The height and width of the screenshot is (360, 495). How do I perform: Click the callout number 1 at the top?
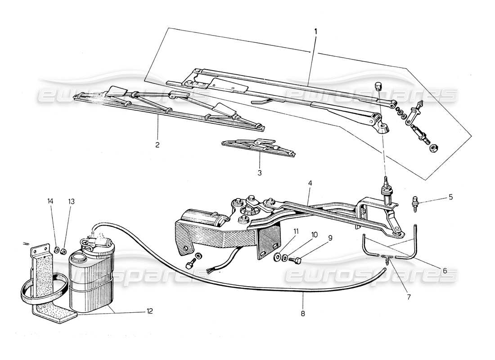click(315, 31)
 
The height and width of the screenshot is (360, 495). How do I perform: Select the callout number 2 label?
click(157, 145)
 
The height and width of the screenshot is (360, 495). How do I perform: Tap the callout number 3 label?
click(260, 172)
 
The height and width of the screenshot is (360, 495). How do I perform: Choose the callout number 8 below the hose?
click(303, 314)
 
